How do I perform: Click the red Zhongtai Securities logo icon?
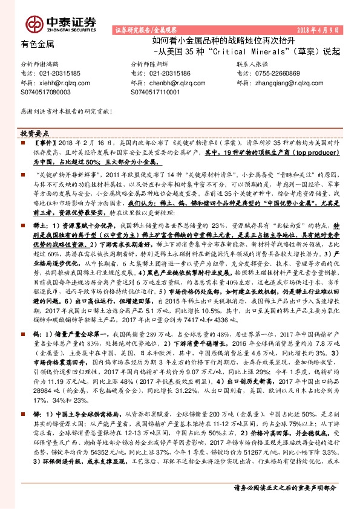pyautogui.click(x=33, y=23)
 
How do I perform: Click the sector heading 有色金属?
pyautogui.click(x=37, y=44)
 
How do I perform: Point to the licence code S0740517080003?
pyautogui.click(x=45, y=92)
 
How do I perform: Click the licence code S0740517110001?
pyautogui.click(x=155, y=92)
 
